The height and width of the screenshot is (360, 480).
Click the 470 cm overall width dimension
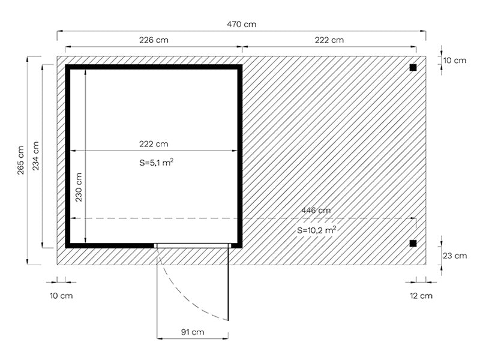(x=241, y=24)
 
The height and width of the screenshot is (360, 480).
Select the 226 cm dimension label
(x=154, y=40)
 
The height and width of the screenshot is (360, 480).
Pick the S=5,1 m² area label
(x=154, y=161)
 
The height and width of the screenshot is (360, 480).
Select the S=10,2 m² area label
(x=316, y=230)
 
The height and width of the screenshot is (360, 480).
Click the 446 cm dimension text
(x=316, y=210)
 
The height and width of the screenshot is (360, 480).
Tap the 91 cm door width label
(x=193, y=331)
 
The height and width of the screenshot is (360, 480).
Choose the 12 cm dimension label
(x=422, y=296)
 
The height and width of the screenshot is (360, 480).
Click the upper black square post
(x=413, y=68)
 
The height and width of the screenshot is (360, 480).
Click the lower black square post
(x=413, y=243)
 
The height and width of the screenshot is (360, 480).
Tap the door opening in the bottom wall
(x=193, y=245)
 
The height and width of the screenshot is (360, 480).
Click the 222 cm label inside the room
(x=154, y=144)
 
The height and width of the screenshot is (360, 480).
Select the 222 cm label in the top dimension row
(x=329, y=40)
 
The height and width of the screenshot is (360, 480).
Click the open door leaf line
(x=229, y=282)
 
